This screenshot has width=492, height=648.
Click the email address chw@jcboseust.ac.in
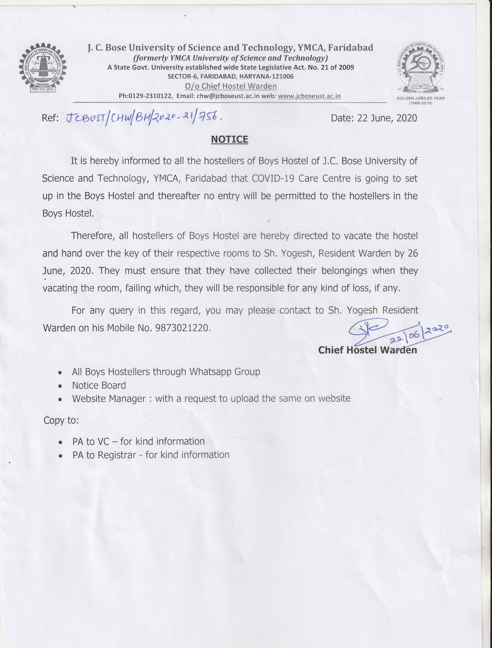point(228,96)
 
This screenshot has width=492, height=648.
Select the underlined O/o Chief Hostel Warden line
point(231,86)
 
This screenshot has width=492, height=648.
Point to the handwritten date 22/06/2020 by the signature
point(419,334)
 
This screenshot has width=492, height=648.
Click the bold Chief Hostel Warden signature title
point(367,350)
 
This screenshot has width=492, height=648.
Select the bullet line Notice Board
point(99,385)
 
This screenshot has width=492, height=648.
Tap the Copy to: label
point(61,420)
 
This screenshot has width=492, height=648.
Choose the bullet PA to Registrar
point(151,455)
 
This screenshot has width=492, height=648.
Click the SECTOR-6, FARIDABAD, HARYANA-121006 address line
point(230,76)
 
